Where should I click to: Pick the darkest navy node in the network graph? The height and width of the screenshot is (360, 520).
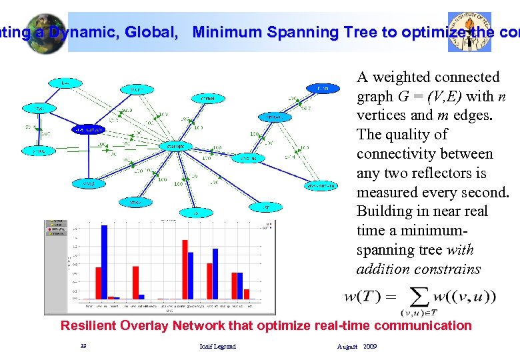(87, 129)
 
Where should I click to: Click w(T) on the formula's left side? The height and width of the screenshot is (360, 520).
(363, 296)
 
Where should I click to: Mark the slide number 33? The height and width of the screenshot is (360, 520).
(83, 347)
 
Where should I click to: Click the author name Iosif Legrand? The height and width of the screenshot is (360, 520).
(217, 347)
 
